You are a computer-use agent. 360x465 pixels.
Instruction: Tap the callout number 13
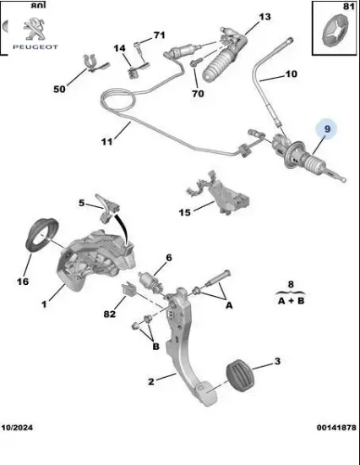point(265,17)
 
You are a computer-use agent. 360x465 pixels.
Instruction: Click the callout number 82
point(110,315)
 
